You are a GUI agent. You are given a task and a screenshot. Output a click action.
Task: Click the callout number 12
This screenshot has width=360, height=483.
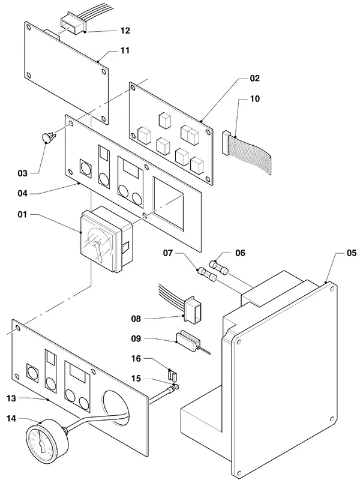125,31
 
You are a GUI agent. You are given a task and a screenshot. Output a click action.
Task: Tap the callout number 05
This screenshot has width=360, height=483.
352,253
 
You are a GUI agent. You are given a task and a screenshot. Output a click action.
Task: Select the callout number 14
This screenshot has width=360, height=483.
11,419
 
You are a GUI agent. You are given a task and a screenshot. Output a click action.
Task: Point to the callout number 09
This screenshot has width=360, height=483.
136,338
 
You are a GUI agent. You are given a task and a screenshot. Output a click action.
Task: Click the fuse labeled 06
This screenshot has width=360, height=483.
218,267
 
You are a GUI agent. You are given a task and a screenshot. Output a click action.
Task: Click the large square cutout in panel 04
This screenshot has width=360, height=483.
168,203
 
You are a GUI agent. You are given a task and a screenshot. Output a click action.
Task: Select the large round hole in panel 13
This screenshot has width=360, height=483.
116,409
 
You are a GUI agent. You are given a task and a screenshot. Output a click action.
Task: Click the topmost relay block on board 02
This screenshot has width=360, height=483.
165,120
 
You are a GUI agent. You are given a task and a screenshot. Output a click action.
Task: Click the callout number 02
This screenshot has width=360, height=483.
254,78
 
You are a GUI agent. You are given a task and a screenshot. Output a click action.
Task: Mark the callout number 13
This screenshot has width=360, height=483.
11,398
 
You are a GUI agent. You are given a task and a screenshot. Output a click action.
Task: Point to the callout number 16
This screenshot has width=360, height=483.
136,359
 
